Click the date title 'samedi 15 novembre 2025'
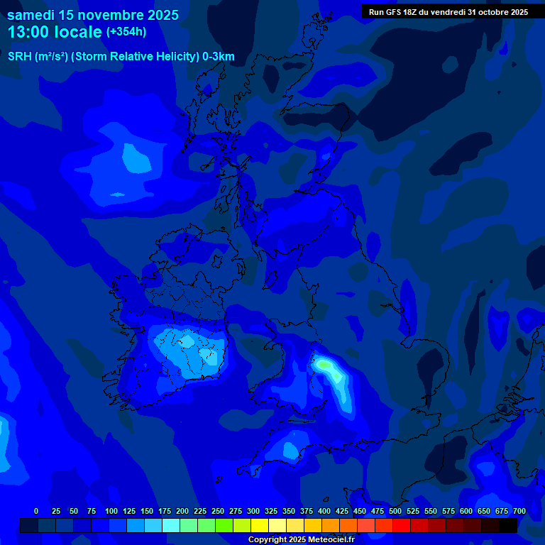[x=92, y=15]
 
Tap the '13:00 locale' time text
[x=55, y=32]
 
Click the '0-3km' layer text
[x=219, y=57]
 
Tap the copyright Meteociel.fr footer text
[x=301, y=540]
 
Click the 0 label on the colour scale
[x=36, y=511]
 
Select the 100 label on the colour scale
[x=111, y=511]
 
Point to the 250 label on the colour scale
[x=218, y=511]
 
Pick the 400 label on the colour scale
[x=324, y=511]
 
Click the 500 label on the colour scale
[x=395, y=511]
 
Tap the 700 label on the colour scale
[x=519, y=511]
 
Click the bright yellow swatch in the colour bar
[x=260, y=525]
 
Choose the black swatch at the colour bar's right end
[x=508, y=525]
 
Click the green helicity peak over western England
[x=324, y=364]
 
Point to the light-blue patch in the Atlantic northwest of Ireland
[x=135, y=158]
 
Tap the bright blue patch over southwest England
[x=290, y=449]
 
